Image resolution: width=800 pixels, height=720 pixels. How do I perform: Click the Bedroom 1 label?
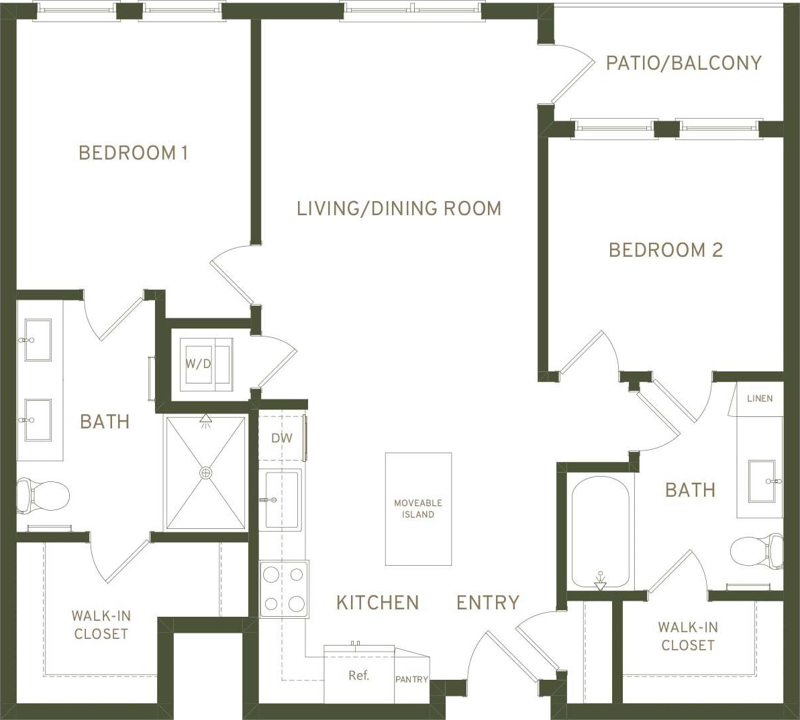133,153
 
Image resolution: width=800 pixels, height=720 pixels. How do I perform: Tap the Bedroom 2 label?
665,250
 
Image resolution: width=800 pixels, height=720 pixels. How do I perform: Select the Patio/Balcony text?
683,63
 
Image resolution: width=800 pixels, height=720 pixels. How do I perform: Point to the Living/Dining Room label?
399,208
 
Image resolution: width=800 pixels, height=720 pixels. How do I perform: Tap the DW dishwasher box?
282,438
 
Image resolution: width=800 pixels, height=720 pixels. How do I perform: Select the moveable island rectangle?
418,509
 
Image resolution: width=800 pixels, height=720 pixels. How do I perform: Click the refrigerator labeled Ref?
359,675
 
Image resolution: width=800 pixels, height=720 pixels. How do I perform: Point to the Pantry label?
411,679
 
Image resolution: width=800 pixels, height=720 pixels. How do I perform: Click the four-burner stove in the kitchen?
284,589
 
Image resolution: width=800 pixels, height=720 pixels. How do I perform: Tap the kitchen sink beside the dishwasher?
282,499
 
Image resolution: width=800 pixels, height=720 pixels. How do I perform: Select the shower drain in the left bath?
205,473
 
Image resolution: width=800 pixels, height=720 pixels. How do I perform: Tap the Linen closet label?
760,398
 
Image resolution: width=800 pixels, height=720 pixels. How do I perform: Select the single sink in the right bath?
762,481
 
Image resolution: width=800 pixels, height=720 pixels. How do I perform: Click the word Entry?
488,603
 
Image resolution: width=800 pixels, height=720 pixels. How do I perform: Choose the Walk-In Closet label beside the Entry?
687,636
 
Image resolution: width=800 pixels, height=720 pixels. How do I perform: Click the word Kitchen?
377,603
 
